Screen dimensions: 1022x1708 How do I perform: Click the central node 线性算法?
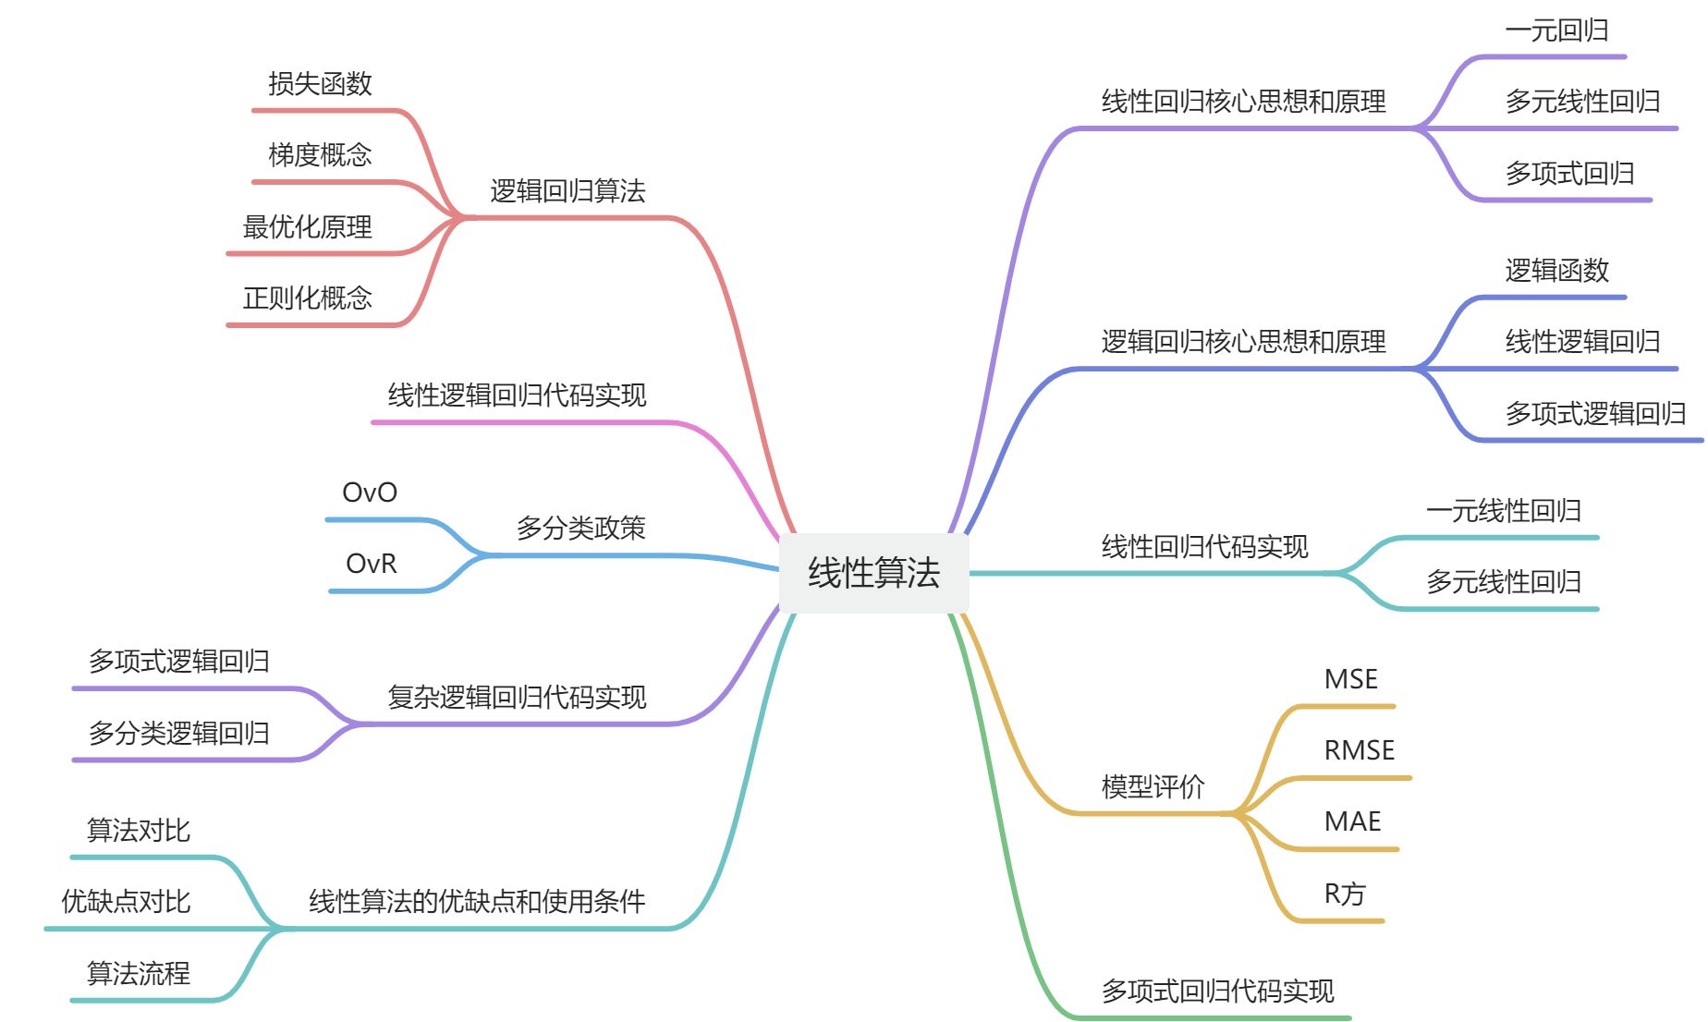[873, 573]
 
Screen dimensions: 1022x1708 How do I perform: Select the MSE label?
[1350, 679]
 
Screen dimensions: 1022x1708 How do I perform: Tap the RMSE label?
[1359, 750]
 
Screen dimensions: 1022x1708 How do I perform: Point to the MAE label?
[1352, 821]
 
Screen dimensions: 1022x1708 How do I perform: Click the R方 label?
[1344, 894]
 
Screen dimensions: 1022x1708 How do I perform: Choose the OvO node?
[370, 493]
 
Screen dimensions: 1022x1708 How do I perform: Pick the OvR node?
[371, 564]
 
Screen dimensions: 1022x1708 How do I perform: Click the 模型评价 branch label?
[1153, 786]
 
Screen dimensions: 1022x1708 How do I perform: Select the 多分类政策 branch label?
[580, 529]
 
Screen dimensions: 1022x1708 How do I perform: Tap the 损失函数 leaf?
[320, 84]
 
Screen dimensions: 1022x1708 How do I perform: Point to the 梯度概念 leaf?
[320, 154]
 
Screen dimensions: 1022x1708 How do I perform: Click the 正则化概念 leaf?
[307, 298]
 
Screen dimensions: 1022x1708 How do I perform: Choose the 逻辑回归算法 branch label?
[567, 191]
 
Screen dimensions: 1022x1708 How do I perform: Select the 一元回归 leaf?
[1556, 30]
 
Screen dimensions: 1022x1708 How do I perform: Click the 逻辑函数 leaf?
[1556, 271]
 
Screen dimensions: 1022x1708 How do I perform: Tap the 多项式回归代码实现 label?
[1217, 992]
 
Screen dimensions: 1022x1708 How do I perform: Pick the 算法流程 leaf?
[138, 973]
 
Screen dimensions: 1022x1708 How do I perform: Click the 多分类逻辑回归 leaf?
[178, 734]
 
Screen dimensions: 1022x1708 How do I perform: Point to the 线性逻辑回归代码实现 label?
[517, 395]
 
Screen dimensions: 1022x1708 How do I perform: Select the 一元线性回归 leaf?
[1503, 511]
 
